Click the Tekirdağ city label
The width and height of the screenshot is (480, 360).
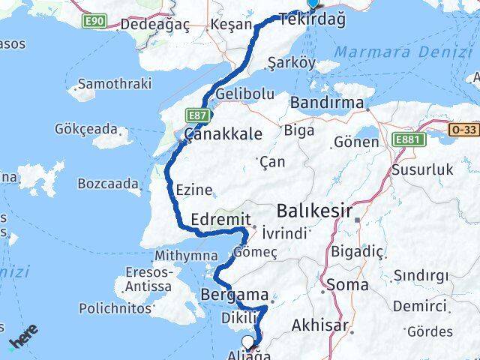click(312, 20)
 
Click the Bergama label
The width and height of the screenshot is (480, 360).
click(229, 295)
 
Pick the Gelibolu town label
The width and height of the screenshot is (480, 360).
click(244, 94)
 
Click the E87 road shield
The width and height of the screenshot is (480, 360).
click(197, 115)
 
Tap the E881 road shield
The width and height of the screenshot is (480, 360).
click(407, 139)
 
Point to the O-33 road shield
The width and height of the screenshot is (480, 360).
click(463, 129)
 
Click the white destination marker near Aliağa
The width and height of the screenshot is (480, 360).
click(247, 342)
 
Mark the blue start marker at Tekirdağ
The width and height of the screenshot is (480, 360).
click(313, 3)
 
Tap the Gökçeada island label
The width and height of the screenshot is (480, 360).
click(85, 127)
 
